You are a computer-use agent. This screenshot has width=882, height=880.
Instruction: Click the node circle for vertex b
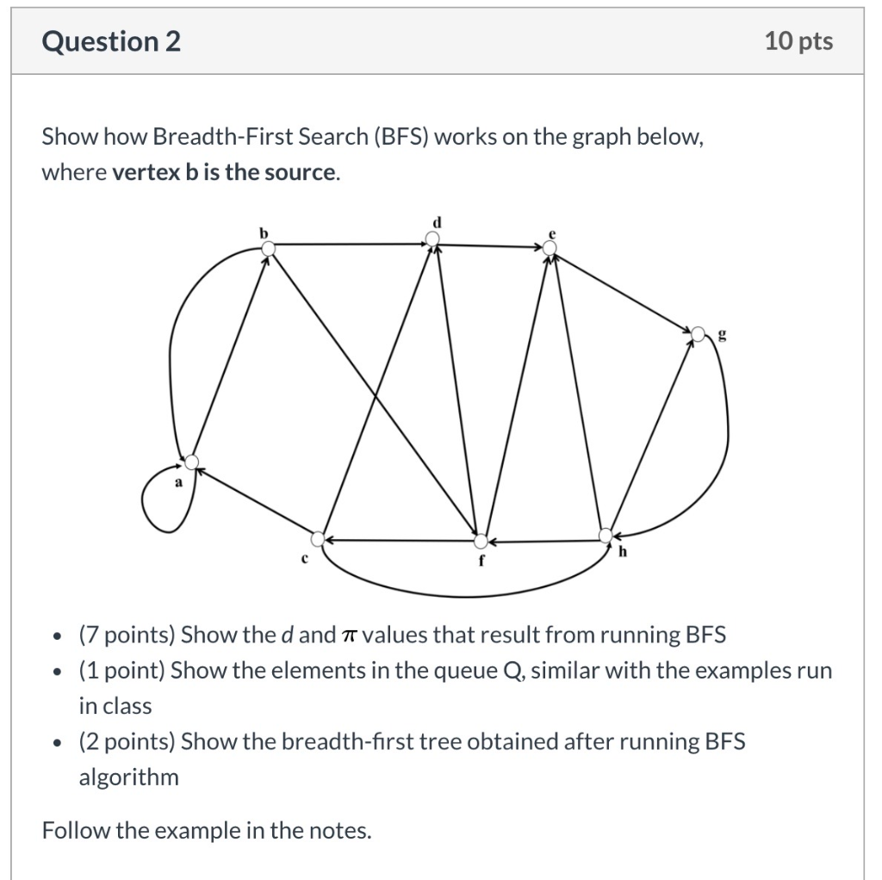(268, 248)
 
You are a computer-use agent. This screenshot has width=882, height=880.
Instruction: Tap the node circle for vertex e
(550, 248)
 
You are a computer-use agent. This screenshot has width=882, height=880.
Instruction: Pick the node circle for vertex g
(699, 332)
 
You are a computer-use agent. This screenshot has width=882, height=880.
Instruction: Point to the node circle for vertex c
(319, 539)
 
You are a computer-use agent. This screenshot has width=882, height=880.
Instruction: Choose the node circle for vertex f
(481, 541)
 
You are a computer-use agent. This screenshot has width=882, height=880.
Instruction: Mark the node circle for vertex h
(606, 536)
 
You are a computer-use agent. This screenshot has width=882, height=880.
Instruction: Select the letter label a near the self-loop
(179, 484)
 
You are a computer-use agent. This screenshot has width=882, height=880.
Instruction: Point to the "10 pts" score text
(798, 41)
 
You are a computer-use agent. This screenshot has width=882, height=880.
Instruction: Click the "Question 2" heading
(111, 41)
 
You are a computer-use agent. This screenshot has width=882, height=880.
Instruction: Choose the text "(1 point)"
(122, 671)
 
